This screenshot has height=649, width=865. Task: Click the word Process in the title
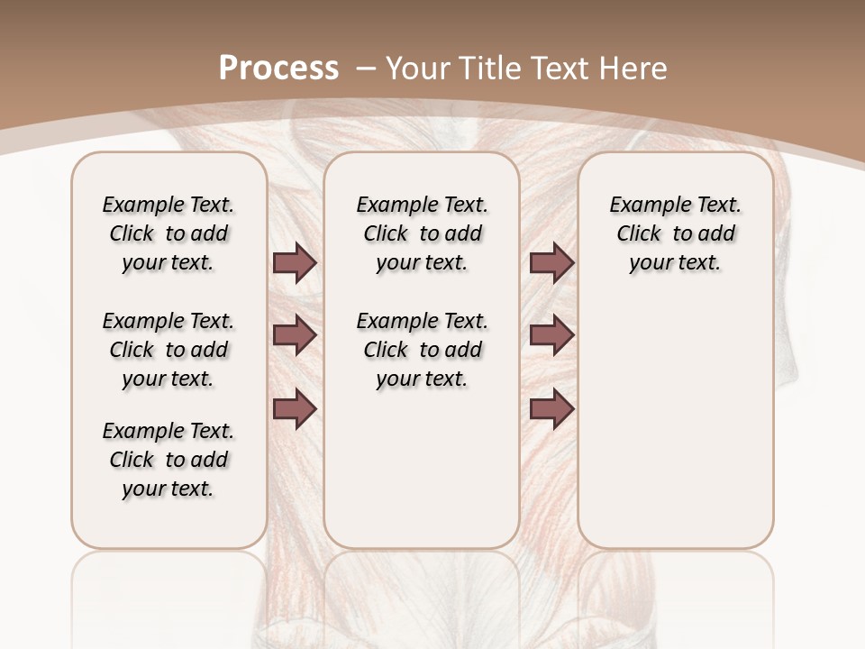click(x=278, y=68)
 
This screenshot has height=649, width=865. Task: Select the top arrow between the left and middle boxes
click(x=295, y=263)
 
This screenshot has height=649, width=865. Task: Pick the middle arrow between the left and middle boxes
click(x=295, y=335)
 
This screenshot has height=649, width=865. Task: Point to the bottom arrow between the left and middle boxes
click(x=295, y=409)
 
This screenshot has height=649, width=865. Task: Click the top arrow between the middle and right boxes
click(x=551, y=263)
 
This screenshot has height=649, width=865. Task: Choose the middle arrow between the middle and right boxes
click(x=551, y=335)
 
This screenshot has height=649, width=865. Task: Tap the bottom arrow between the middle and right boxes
click(x=551, y=409)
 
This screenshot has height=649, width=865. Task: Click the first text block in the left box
click(x=168, y=233)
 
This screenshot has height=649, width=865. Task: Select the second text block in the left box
click(x=168, y=350)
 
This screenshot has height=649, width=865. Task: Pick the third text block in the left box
click(x=168, y=460)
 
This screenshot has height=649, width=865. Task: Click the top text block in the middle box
click(x=422, y=233)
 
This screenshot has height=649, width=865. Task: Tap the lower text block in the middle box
click(x=422, y=350)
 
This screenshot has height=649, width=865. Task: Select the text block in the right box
click(x=675, y=233)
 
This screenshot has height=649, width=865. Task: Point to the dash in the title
click(x=366, y=68)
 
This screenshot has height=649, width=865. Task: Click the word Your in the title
click(x=417, y=68)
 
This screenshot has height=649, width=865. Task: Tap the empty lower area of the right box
click(x=675, y=433)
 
